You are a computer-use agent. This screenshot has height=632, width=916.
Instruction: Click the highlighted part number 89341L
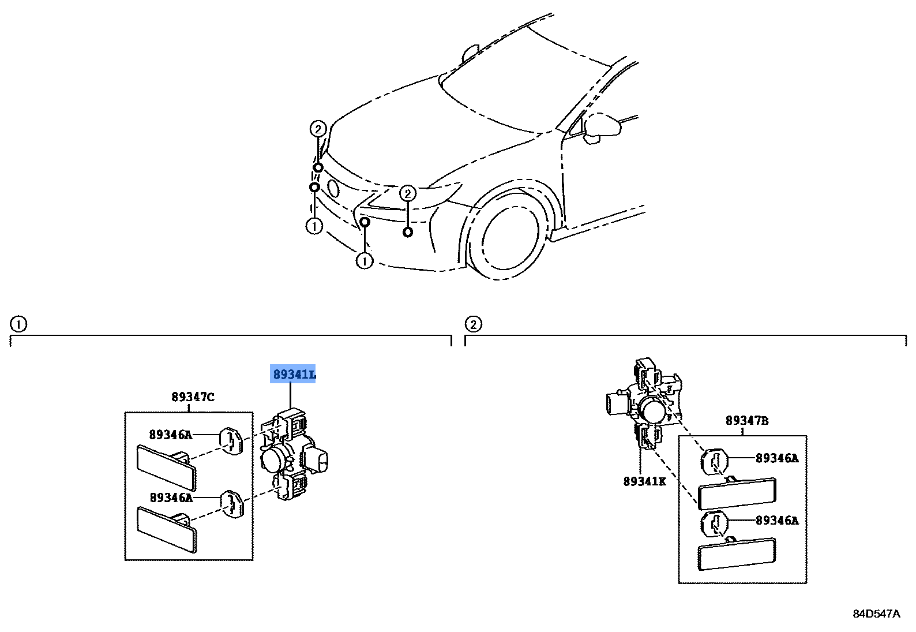pos(294,375)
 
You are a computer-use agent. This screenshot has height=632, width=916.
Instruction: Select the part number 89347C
pos(193,397)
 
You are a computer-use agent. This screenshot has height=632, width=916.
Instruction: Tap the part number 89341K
pos(644,481)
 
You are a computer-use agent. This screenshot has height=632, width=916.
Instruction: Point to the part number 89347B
pos(747,421)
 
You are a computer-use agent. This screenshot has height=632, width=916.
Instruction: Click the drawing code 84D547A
pos(876,614)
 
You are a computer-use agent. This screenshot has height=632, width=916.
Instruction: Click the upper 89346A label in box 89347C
pos(170,435)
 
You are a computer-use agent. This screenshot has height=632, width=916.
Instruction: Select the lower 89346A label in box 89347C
pos(170,498)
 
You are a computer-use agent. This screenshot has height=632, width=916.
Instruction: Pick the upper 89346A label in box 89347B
pos(777,458)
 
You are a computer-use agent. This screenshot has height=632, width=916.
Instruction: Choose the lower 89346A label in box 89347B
pos(777,521)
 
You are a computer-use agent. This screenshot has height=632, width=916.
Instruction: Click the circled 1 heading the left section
pos(18,324)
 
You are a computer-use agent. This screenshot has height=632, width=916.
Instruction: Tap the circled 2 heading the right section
pos(473,324)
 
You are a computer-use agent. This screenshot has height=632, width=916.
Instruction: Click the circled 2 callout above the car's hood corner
pos(318,129)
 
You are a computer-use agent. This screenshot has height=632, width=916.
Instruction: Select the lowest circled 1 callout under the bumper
pos(364,261)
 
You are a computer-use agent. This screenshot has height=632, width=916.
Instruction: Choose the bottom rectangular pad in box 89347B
pos(737,554)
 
